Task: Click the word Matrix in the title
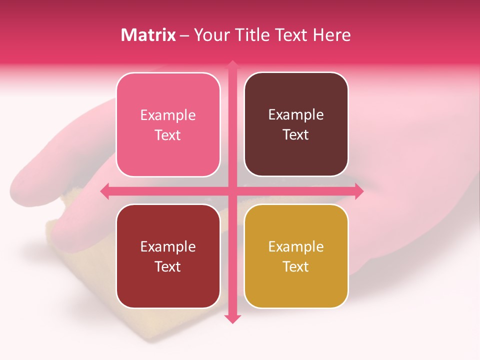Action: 148,35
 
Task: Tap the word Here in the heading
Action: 331,35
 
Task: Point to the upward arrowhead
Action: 232,65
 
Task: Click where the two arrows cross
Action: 232,191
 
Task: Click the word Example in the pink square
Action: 168,115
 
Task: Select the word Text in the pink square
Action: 168,135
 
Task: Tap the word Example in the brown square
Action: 296,115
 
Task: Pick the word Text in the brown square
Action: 296,134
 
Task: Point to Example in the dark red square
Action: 168,247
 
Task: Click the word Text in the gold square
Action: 296,266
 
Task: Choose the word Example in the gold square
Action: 296,247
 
